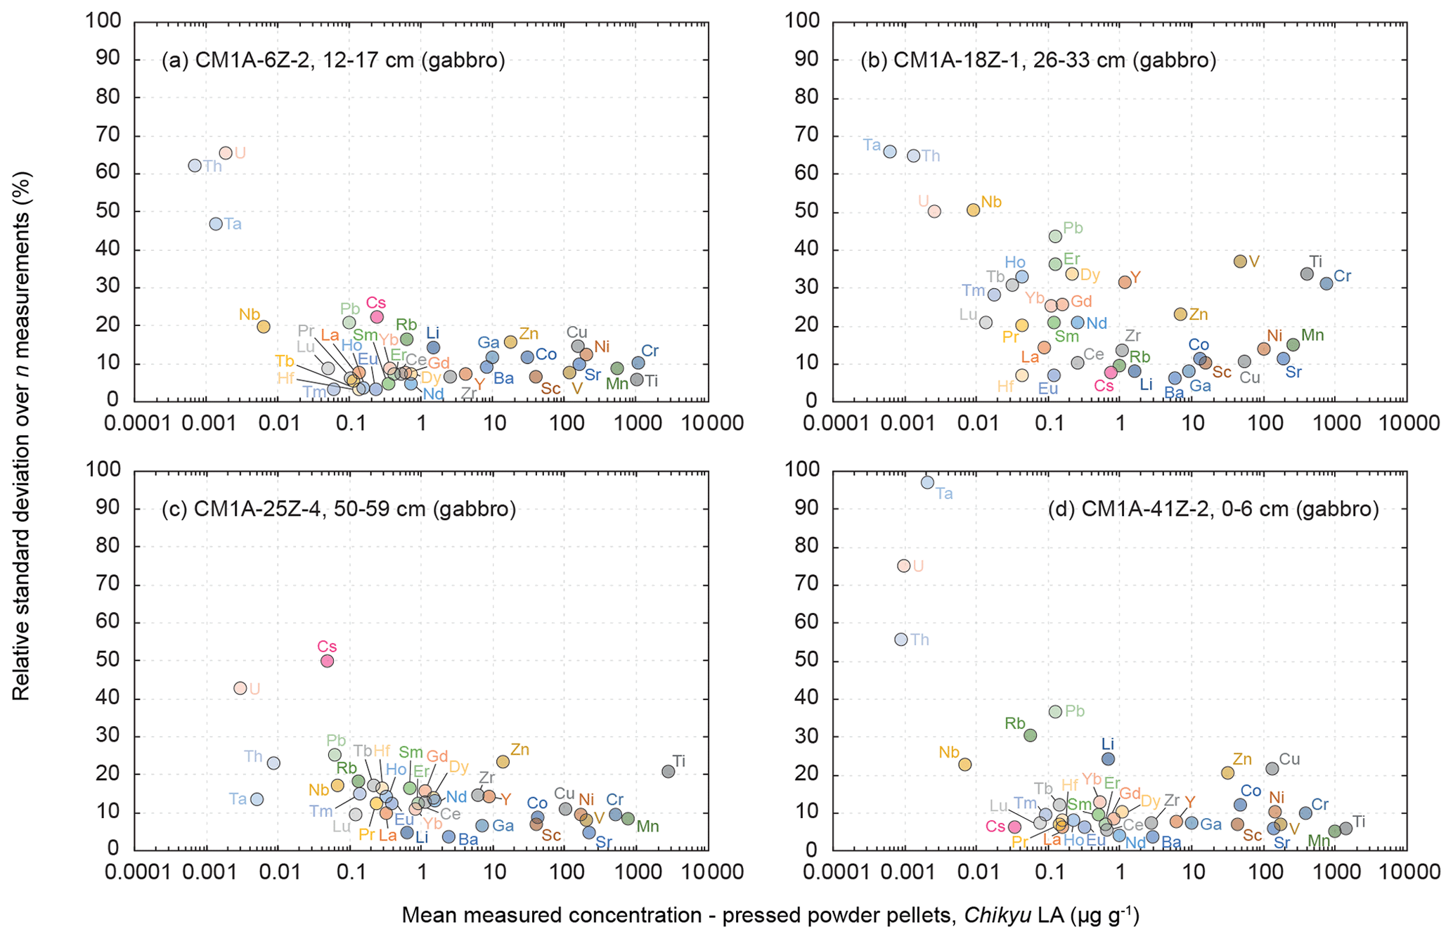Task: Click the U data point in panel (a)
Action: coord(226,153)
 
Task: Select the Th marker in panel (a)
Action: coord(195,166)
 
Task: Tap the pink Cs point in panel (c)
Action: coord(327,661)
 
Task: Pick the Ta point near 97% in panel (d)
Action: coord(927,482)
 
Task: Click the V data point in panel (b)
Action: coord(1240,261)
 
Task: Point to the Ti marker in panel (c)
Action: coord(668,771)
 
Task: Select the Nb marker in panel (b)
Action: coord(973,209)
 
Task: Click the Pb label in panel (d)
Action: coord(1075,711)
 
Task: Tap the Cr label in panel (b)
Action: coord(1342,276)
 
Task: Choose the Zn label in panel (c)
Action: coord(519,749)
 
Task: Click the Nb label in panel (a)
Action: coord(249,314)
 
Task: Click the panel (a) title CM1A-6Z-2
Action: coord(333,60)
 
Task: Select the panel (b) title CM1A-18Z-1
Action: coord(1038,60)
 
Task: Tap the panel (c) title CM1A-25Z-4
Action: coord(339,509)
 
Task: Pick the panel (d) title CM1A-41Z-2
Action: coord(1213,509)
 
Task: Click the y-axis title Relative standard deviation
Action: coord(21,436)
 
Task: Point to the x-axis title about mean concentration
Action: coord(770,915)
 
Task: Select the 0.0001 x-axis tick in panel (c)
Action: coord(135,872)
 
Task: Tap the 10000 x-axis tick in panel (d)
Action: coord(1407,872)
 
